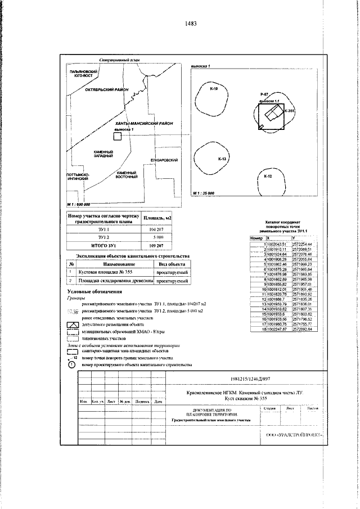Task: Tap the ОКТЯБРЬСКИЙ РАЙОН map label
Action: point(106,90)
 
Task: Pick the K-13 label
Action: point(222,160)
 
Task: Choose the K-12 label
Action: point(268,177)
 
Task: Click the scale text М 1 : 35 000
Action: point(204,193)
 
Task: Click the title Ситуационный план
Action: point(118,59)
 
